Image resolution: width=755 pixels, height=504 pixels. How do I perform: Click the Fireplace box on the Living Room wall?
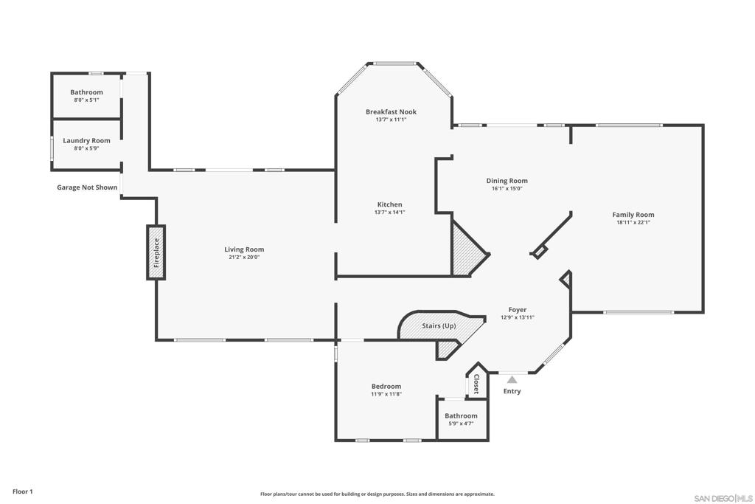pos(156,252)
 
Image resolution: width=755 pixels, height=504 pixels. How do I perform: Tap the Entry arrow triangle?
pos(512,380)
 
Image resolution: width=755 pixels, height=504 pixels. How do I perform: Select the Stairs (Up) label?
pos(439,325)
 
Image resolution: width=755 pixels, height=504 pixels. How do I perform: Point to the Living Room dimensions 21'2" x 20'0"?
pos(244,258)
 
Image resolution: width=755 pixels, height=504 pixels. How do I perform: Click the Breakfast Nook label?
pos(391,111)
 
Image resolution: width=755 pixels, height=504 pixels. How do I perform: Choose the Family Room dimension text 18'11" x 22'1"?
pos(633,223)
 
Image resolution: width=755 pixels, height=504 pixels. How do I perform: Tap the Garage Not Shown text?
pos(87,187)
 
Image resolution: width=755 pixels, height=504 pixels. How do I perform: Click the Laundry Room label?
pos(87,141)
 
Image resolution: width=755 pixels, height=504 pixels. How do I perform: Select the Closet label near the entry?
pos(477,384)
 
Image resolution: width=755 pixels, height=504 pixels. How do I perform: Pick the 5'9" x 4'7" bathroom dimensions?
pos(462,424)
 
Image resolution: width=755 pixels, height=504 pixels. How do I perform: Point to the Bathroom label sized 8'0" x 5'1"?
pos(87,92)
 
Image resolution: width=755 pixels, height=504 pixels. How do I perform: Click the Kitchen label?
pos(389,204)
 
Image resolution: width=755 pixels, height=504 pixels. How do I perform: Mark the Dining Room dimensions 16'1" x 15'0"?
pos(507,188)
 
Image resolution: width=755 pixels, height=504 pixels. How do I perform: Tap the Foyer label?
pos(518,310)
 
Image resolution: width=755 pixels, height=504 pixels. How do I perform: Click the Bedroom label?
pos(386,387)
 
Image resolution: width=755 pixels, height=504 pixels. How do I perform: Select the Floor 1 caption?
pos(23,491)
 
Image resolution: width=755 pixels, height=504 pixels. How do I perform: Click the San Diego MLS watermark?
pos(723,498)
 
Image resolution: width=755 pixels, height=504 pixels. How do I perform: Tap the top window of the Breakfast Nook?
pos(395,63)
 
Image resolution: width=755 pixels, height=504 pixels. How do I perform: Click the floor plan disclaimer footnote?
pos(377,494)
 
